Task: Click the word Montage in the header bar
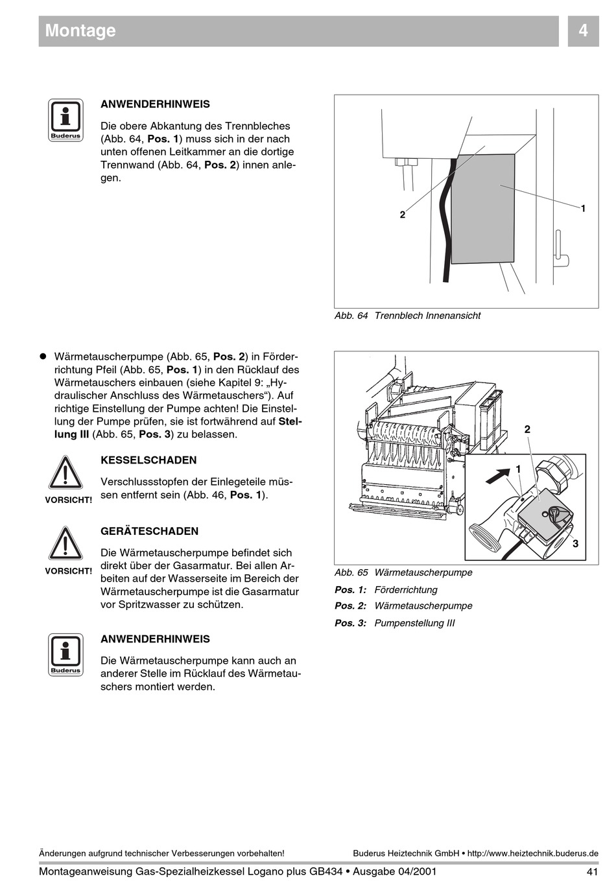(x=80, y=30)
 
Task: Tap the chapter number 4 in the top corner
(x=583, y=30)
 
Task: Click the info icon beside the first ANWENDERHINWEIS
(x=65, y=120)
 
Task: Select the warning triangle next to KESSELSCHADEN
(x=65, y=473)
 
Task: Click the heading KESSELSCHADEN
(x=148, y=460)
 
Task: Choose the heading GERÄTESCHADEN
(x=150, y=531)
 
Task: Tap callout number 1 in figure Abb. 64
(x=583, y=208)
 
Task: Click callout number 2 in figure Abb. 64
(x=403, y=215)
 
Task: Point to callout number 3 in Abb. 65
(x=575, y=544)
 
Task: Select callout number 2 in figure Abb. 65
(x=527, y=429)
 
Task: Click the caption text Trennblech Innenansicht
(x=428, y=316)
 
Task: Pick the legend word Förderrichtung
(x=406, y=590)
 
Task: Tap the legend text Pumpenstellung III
(x=415, y=623)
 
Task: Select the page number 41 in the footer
(x=591, y=871)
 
